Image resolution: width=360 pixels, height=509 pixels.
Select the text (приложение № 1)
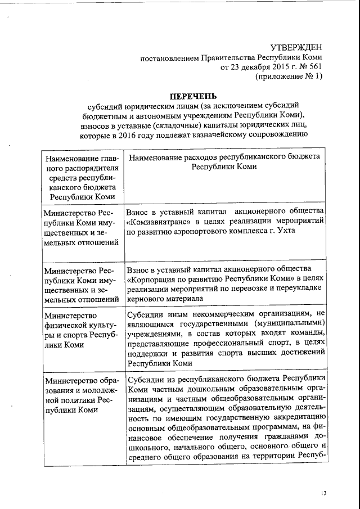289,77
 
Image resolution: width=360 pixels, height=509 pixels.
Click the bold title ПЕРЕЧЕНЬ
193,96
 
